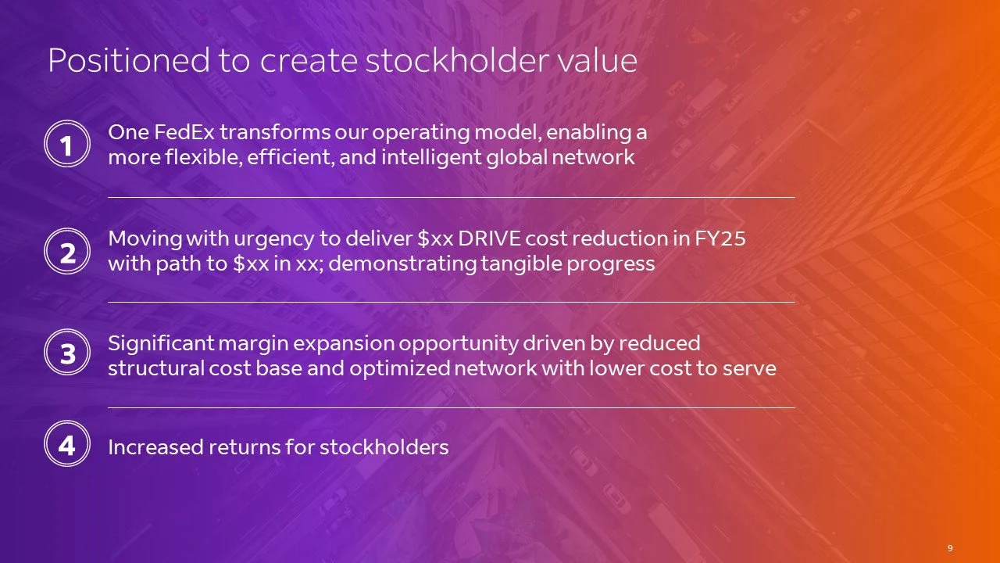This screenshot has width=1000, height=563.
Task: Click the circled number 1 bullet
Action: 67,146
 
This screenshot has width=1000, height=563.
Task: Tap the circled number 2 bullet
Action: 67,252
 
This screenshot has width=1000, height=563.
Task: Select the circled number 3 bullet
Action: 67,353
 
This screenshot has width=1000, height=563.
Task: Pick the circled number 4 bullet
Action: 67,445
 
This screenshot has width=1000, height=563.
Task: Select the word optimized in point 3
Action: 399,368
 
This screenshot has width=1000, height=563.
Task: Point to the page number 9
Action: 949,548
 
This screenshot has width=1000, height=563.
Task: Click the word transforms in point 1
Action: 265,132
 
